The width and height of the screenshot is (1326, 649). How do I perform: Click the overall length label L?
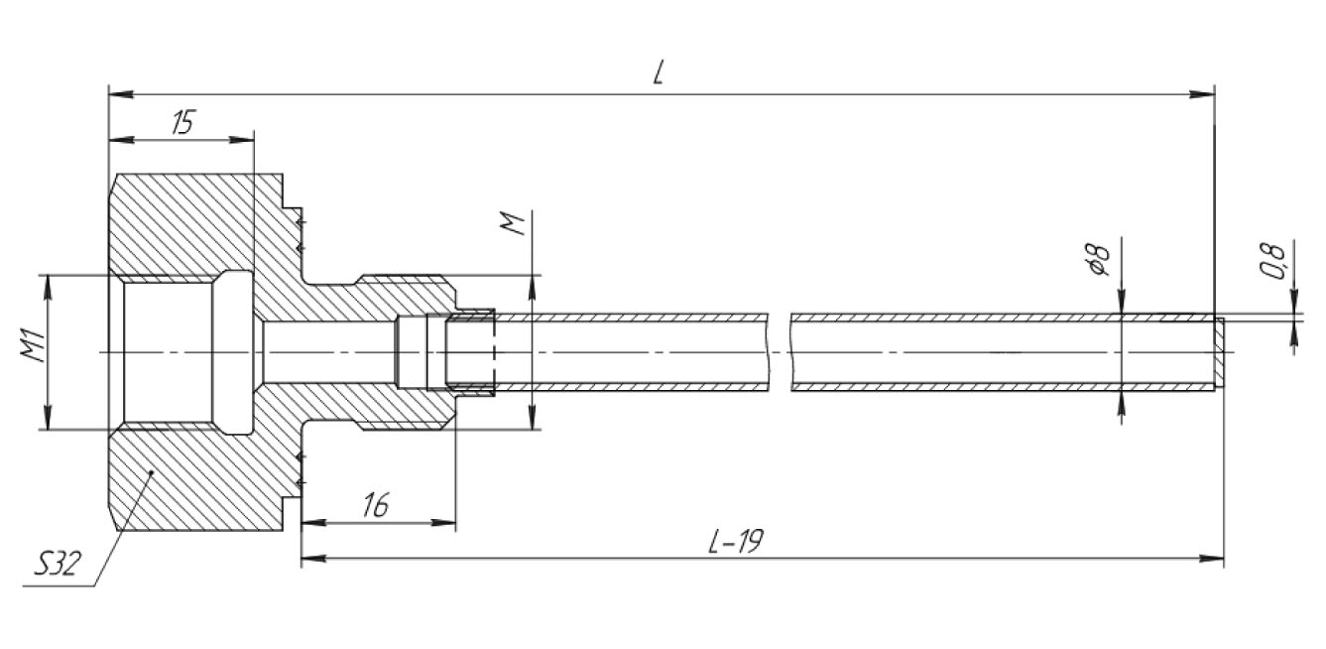(x=659, y=72)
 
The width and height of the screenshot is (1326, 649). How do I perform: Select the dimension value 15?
(x=182, y=122)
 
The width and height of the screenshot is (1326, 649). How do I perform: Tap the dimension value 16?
(x=377, y=504)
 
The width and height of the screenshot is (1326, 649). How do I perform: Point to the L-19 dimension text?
(x=736, y=540)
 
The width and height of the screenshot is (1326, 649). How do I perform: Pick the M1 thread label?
(x=33, y=346)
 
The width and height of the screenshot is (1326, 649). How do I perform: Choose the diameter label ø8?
(x=1097, y=259)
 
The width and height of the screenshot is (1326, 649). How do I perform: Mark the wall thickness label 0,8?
(x=1272, y=261)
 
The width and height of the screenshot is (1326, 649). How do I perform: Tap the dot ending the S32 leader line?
(x=152, y=472)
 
